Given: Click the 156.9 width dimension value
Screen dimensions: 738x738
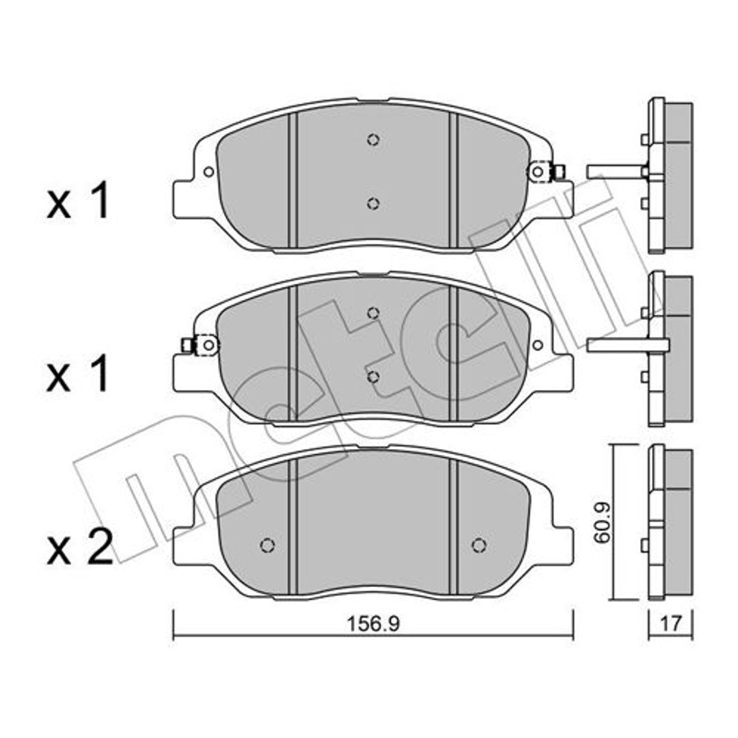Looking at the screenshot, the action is coord(373,624).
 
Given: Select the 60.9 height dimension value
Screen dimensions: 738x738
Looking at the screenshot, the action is coord(603,523).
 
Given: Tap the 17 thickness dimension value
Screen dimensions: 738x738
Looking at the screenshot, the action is coord(671,624).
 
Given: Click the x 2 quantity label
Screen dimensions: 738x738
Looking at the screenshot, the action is coord(80,547).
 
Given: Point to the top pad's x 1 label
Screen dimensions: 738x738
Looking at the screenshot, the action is coord(78,201).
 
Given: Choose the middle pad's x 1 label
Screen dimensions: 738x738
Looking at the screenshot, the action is coord(78,374).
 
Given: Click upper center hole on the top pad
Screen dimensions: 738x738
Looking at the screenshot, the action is coord(373,140).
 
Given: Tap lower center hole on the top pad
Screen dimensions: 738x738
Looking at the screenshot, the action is coord(373,204).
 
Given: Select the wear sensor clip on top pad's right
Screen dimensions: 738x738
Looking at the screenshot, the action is coord(546,172).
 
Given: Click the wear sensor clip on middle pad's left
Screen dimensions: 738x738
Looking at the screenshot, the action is coord(200,346).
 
